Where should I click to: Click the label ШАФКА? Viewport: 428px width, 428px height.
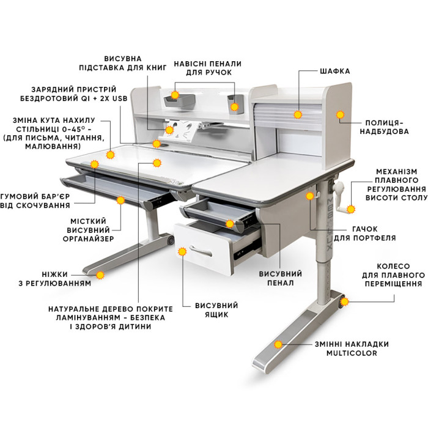(x=334, y=72)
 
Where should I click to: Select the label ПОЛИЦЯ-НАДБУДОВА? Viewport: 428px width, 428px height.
(x=384, y=127)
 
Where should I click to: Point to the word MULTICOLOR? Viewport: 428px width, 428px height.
(x=352, y=353)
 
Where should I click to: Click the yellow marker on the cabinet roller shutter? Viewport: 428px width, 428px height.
(x=298, y=114)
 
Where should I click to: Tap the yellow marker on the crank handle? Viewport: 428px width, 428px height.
(x=351, y=209)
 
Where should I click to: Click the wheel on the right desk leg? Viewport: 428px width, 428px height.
(x=341, y=302)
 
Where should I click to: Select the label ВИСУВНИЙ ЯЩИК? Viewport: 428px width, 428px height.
(x=216, y=310)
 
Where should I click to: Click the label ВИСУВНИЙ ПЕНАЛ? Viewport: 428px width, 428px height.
(x=280, y=278)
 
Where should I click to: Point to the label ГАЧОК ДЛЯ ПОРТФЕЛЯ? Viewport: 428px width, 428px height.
(x=364, y=234)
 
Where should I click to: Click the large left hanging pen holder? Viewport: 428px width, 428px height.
(x=179, y=101)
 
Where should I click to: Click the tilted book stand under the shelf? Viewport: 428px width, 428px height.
(x=182, y=130)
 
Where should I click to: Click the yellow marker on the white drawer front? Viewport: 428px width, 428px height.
(x=182, y=251)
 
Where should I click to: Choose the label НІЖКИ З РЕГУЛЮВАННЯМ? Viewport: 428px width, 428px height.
(x=54, y=279)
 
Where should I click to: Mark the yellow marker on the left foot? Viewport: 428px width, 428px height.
(x=100, y=275)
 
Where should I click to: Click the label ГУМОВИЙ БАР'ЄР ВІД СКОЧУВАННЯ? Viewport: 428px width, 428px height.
(x=35, y=201)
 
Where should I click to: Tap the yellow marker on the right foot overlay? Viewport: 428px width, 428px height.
(x=278, y=344)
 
